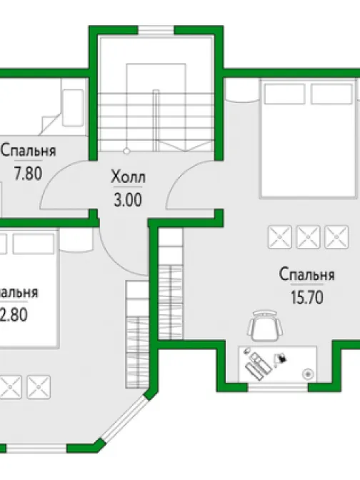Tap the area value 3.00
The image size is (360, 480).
coord(126,200)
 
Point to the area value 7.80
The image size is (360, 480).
coord(28,173)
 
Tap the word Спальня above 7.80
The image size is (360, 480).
coord(28,151)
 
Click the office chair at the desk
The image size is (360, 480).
coord(265,326)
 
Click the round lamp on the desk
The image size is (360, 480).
coord(308,373)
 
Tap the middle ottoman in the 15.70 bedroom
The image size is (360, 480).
coord(307,235)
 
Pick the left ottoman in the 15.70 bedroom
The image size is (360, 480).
coord(279,235)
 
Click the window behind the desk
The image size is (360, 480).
coord(279,389)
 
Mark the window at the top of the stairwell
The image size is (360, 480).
coord(155,30)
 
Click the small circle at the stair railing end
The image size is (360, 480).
coord(126,151)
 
